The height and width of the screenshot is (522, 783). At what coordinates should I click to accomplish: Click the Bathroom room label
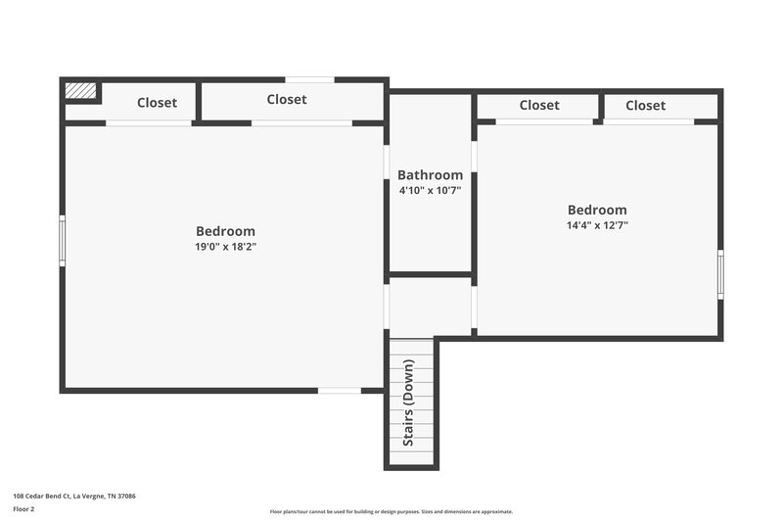coord(430,175)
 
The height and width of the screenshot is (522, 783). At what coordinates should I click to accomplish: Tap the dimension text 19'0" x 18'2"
coord(225,247)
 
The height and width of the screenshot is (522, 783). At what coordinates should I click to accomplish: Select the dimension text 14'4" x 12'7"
coord(597,225)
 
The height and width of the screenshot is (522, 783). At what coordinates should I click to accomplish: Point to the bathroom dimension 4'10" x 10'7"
coord(430,190)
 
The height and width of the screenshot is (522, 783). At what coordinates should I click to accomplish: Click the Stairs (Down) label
coord(409,403)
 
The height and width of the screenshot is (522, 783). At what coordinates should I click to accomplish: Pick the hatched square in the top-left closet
coord(81,90)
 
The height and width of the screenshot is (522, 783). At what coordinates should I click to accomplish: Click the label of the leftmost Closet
coord(157,102)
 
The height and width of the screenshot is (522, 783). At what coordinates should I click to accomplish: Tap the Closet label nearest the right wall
coord(645,106)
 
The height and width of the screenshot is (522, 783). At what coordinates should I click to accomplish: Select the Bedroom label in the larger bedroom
coord(225,231)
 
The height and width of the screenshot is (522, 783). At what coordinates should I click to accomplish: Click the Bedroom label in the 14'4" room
coord(597,210)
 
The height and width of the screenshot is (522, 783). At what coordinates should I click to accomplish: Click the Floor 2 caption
coord(23,509)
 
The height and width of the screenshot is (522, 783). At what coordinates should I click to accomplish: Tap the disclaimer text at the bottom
coord(391,511)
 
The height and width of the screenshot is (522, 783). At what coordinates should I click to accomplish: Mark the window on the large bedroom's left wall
coord(62,241)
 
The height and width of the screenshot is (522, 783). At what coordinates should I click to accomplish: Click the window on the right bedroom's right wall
coord(721,274)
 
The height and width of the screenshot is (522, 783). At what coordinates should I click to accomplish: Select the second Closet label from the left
coord(287,99)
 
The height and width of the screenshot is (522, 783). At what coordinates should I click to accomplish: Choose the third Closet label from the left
coord(539,106)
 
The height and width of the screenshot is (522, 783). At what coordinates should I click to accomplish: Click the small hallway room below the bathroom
coord(431,306)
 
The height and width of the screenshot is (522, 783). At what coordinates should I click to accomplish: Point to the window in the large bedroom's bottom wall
coord(340,391)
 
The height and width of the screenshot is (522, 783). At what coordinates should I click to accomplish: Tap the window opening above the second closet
coord(310,79)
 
